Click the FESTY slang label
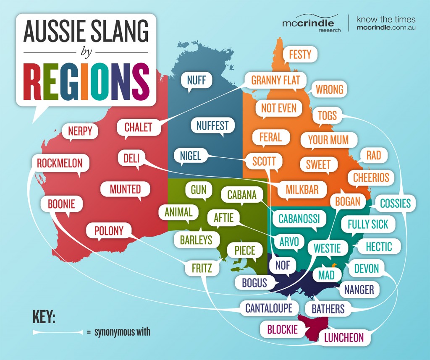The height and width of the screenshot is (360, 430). click(300, 54)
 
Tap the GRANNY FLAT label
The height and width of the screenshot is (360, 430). click(275, 80)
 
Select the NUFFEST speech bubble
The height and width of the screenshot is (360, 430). click(212, 125)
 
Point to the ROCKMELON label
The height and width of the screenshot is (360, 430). click(60, 163)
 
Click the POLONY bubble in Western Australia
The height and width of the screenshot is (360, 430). click(109, 230)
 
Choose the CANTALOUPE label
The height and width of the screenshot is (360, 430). click(269, 308)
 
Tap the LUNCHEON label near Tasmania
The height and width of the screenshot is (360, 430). click(344, 337)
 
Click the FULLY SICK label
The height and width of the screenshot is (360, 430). click(368, 224)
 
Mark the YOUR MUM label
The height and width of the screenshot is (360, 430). click(328, 140)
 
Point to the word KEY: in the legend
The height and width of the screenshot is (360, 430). click(44, 317)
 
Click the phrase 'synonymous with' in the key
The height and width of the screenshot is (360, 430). click(122, 332)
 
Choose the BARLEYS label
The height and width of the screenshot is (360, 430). click(196, 240)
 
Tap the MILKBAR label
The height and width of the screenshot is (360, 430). click(302, 189)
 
